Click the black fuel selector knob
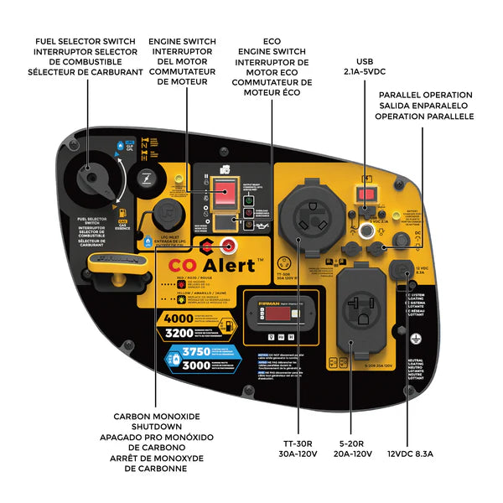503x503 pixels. click(x=91, y=179)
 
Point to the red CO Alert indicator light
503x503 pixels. click(x=224, y=246)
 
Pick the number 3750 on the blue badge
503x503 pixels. click(x=195, y=352)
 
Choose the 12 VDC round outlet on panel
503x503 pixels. click(x=400, y=272)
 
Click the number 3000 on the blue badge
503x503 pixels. click(x=195, y=366)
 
